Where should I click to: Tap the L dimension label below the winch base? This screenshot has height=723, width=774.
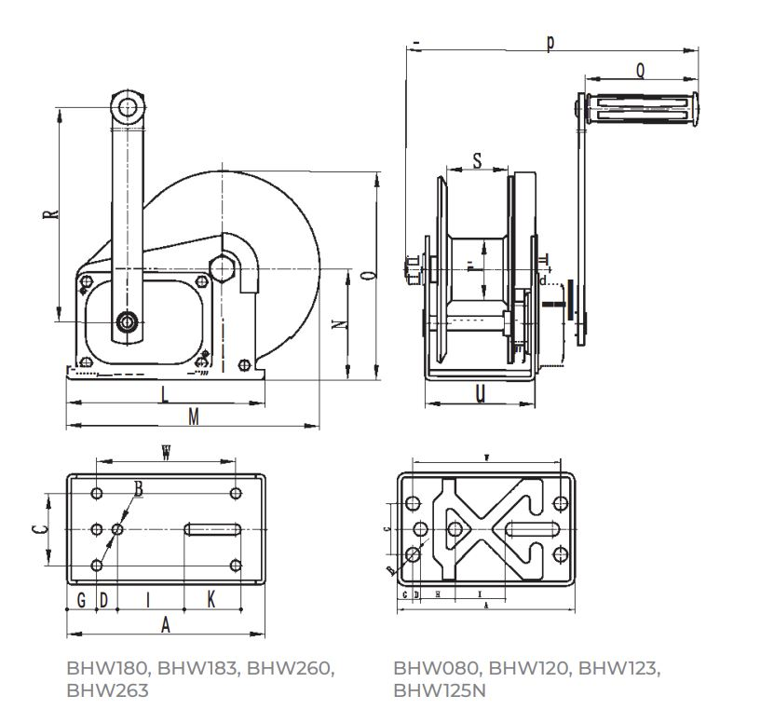pos(165,394)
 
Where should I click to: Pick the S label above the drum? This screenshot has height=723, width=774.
pos(476,160)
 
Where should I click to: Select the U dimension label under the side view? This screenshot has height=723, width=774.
pos(480,394)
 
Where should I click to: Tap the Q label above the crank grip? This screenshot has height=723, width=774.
pos(641,70)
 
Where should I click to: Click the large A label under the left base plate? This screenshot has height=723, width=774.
pos(166,625)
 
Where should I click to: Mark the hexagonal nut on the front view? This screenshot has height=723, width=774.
pos(224,268)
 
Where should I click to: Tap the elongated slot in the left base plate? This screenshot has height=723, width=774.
pos(213,529)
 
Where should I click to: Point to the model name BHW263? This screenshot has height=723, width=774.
pos(107,690)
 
